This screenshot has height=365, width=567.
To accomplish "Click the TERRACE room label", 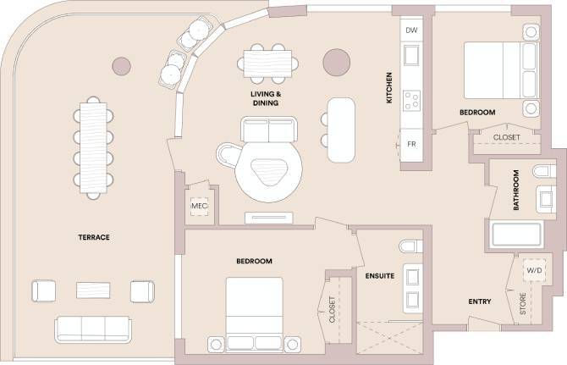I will click(93, 237).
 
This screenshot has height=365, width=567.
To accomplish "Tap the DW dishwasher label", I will click(412, 30).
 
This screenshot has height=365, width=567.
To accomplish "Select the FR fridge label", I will click(412, 144).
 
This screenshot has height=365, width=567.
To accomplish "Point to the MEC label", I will click(201, 206).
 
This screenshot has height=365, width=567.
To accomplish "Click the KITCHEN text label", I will click(389, 87).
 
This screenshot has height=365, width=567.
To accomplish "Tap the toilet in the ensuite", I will click(410, 247).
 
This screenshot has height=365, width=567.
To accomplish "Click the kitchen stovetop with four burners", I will click(412, 101).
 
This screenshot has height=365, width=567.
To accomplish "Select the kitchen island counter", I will click(341, 129).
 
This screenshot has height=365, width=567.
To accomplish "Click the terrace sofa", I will click(92, 329).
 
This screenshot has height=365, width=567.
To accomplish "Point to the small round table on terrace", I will click(122, 65).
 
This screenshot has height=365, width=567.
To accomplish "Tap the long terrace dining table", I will click(93, 147).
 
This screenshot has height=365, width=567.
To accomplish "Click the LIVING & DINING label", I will click(264, 97).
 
